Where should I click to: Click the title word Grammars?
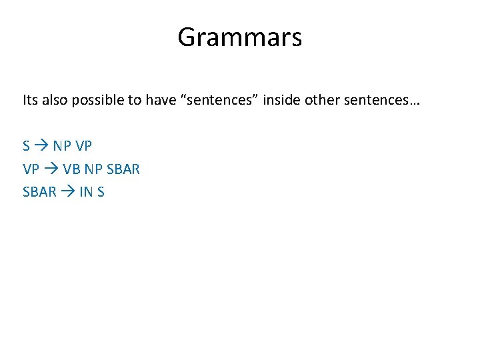click(x=239, y=37)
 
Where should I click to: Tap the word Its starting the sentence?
click(x=31, y=101)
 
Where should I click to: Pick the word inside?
click(x=283, y=101)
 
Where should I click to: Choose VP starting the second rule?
click(x=31, y=169)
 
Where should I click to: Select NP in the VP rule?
click(x=94, y=169)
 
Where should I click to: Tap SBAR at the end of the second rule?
click(x=123, y=169)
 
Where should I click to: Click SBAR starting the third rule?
click(x=39, y=192)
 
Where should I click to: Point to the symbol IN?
click(x=85, y=192)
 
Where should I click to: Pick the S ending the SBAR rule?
click(x=101, y=192)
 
